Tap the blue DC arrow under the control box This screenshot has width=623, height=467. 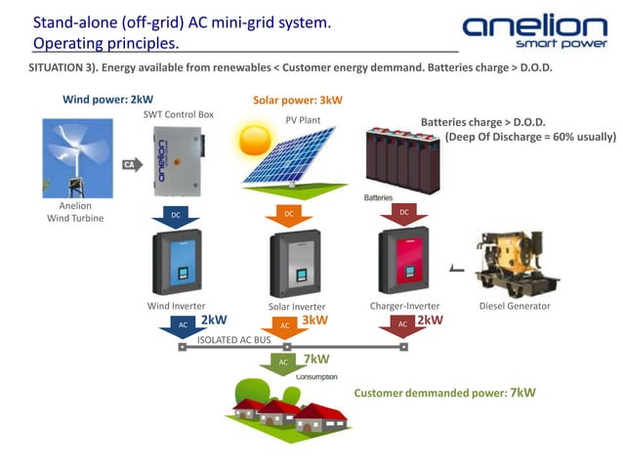pyautogui.click(x=176, y=215)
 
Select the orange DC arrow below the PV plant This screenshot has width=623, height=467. pyautogui.click(x=288, y=215)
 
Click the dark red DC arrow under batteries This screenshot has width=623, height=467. pyautogui.click(x=402, y=214)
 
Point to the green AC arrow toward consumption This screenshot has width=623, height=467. pyautogui.click(x=283, y=363)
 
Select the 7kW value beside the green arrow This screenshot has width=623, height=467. pyautogui.click(x=316, y=360)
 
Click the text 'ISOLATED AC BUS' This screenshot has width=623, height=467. pyautogui.click(x=233, y=340)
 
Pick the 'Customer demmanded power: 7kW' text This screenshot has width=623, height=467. pyautogui.click(x=444, y=393)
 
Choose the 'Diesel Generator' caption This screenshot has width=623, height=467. pyautogui.click(x=515, y=306)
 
